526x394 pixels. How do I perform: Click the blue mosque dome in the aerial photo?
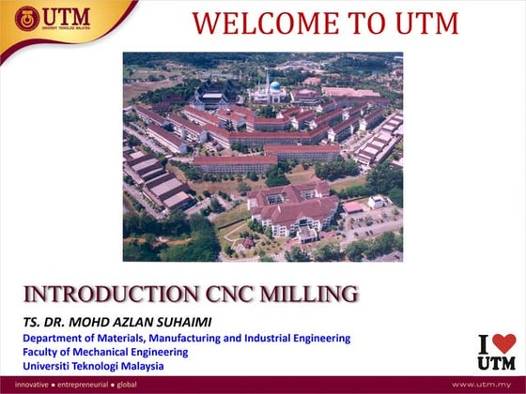point(275,86)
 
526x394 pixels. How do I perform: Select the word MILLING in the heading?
point(300,295)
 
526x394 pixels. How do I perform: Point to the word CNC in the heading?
point(210,295)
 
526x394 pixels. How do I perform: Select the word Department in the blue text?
point(53,338)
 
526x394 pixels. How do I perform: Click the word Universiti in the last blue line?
point(50,366)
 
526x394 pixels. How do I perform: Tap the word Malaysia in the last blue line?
point(141,366)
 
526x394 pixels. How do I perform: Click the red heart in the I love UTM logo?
point(504,344)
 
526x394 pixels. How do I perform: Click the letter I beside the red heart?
point(485,344)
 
